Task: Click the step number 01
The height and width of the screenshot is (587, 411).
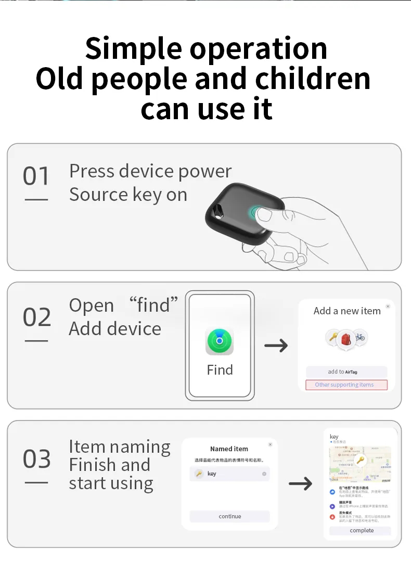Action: click(x=36, y=176)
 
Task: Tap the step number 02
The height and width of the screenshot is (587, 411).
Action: click(x=36, y=317)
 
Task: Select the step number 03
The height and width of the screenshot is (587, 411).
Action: click(x=36, y=459)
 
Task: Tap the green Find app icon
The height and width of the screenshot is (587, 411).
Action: click(x=220, y=342)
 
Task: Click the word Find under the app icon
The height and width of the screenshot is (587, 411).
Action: click(x=220, y=370)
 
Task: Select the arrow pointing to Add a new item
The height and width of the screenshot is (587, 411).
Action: click(x=276, y=345)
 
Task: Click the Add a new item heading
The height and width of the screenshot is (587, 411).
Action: click(x=347, y=311)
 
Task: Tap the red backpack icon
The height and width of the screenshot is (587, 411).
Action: click(x=345, y=339)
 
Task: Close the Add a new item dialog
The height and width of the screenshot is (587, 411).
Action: click(x=388, y=307)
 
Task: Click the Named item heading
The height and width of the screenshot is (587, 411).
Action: click(x=229, y=449)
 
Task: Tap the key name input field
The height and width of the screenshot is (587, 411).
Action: click(x=229, y=474)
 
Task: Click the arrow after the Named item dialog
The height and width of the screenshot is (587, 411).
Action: click(x=300, y=483)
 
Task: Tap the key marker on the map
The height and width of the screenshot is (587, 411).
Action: click(x=359, y=460)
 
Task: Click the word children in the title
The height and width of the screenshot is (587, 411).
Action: click(x=313, y=78)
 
